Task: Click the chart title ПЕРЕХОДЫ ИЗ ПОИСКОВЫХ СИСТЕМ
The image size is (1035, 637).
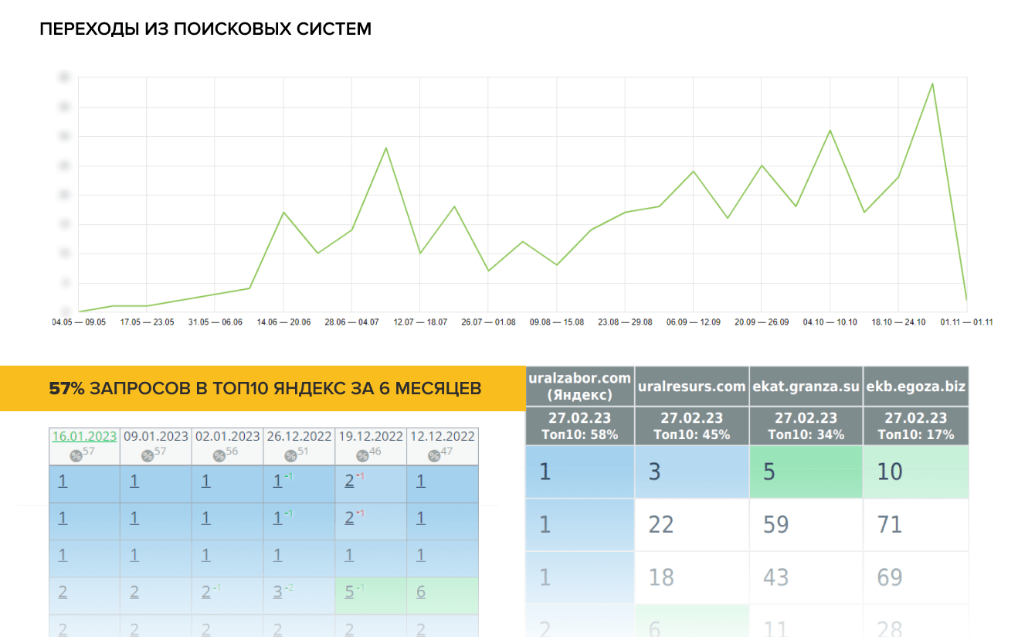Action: click(205, 29)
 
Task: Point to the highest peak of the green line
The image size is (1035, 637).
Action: click(932, 83)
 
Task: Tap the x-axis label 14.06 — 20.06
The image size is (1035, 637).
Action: click(283, 322)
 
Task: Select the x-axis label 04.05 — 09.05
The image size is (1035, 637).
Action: click(79, 322)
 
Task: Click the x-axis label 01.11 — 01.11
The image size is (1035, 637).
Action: click(966, 322)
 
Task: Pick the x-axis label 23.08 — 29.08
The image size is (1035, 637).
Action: click(625, 322)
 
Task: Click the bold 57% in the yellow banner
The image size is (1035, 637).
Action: click(66, 388)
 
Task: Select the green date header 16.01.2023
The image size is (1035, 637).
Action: click(84, 436)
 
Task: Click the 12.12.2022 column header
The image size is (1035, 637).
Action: click(443, 436)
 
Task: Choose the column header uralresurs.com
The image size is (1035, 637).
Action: click(691, 386)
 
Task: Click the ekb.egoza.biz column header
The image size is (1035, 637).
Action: click(916, 386)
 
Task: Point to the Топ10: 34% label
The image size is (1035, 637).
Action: click(806, 434)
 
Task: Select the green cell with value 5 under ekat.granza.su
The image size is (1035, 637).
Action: click(806, 472)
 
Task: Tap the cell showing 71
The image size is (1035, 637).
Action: click(915, 525)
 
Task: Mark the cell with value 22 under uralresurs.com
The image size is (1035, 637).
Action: click(691, 525)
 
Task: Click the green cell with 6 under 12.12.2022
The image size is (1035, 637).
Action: click(443, 592)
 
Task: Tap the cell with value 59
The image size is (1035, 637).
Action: click(806, 525)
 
